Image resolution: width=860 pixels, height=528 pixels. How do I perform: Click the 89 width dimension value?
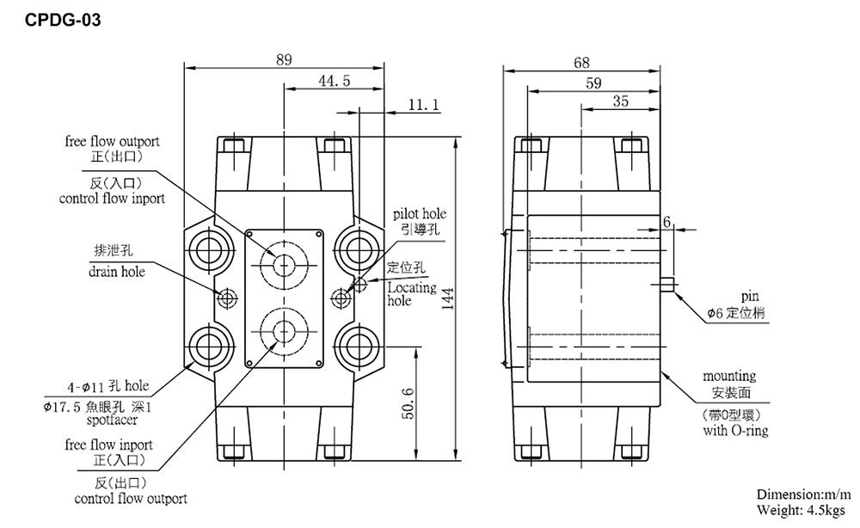tap(283, 59)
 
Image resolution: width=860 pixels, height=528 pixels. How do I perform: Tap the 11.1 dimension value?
tap(423, 105)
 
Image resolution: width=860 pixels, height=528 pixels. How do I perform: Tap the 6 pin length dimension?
tap(666, 221)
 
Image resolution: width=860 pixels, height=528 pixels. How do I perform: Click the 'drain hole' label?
tap(116, 272)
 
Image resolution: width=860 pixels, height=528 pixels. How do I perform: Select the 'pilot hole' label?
tap(419, 213)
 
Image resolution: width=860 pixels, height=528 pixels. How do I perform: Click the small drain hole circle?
tap(227, 298)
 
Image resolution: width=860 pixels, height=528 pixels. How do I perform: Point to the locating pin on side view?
tap(667, 285)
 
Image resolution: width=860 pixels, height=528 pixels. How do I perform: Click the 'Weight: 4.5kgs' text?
tap(802, 510)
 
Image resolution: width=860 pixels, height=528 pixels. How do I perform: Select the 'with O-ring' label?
tap(734, 430)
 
